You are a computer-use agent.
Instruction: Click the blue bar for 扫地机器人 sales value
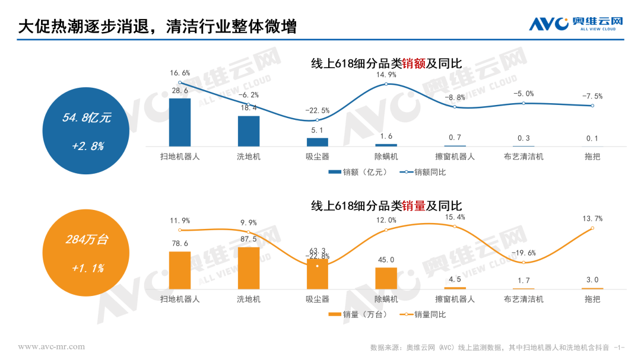(180, 122)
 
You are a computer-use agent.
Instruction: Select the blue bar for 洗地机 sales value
(249, 131)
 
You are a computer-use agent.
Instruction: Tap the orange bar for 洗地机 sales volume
(249, 268)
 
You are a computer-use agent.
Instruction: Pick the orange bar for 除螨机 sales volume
(386, 278)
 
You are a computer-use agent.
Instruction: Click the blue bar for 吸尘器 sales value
(318, 142)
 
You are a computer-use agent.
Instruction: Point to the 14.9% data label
(386, 75)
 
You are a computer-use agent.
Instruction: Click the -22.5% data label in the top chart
(318, 110)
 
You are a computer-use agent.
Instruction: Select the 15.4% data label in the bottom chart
(455, 217)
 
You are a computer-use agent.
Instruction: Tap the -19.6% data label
(523, 253)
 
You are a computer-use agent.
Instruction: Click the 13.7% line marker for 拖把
(592, 228)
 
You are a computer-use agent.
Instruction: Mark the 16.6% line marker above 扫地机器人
(180, 82)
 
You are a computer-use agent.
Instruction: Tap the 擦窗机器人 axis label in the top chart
(455, 157)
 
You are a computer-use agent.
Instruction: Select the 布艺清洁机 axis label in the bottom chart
(523, 299)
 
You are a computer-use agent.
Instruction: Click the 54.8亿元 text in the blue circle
(87, 118)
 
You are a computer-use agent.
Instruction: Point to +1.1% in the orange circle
(87, 268)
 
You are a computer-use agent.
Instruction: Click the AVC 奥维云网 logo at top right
(576, 24)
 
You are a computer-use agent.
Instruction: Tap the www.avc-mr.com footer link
(52, 346)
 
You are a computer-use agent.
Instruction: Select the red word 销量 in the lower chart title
(414, 206)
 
